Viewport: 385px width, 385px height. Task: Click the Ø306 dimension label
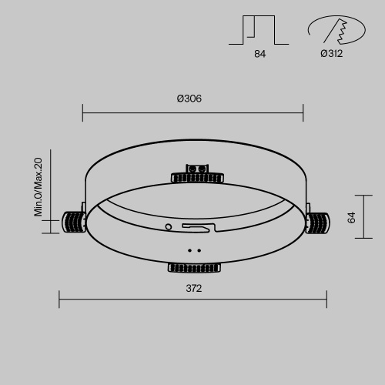pyautogui.click(x=189, y=99)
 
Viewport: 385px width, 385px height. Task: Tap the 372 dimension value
pyautogui.click(x=194, y=289)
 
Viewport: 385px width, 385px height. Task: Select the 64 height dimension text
pyautogui.click(x=352, y=217)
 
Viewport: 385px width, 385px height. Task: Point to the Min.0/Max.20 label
pyautogui.click(x=38, y=187)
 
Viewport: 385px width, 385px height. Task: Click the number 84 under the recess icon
pyautogui.click(x=260, y=54)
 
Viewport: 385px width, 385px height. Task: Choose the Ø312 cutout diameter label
pyautogui.click(x=332, y=54)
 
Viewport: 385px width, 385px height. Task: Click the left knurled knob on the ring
pyautogui.click(x=74, y=223)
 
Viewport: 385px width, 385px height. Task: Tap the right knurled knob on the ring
pyautogui.click(x=317, y=223)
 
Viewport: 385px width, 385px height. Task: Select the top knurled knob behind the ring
pyautogui.click(x=197, y=178)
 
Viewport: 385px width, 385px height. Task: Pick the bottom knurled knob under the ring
pyautogui.click(x=194, y=268)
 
